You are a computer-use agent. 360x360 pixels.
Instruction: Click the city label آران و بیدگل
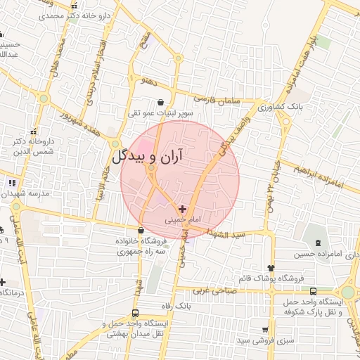146,155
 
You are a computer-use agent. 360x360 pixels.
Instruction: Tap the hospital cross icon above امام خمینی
183,209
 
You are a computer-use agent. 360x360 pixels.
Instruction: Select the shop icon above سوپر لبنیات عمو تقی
161,102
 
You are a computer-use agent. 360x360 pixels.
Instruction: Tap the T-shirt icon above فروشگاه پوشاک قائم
272,268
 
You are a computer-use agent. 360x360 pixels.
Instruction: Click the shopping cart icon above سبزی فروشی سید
265,328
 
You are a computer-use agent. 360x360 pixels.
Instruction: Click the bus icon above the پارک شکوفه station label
313,290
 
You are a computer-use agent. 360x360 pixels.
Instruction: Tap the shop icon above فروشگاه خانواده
142,230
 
